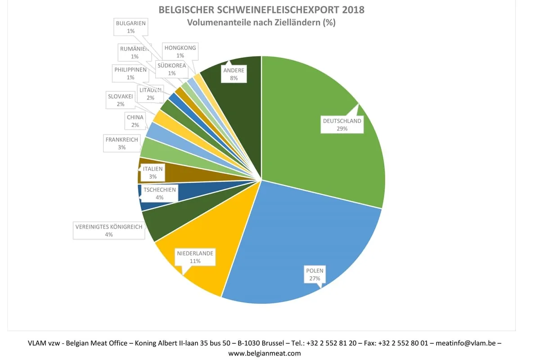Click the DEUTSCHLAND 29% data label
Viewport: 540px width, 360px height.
coord(342,125)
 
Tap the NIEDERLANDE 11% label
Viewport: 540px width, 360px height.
coord(195,257)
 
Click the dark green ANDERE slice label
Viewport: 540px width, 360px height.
coord(234,74)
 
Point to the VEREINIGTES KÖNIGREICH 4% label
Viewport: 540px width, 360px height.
coord(108,230)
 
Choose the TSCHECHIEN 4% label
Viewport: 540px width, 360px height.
coord(160,193)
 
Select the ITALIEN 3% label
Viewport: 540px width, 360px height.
coord(153,172)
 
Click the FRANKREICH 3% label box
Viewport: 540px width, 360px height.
coord(121,143)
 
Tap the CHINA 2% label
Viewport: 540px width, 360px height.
coord(135,121)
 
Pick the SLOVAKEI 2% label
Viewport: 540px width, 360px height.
coord(121,100)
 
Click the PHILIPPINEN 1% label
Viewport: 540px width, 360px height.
coord(130,73)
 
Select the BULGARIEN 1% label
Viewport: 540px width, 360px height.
coord(130,27)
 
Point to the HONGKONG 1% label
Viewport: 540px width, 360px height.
coord(180,51)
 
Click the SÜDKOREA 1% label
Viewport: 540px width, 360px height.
coord(171,69)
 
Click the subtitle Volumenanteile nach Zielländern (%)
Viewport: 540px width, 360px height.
coord(261,22)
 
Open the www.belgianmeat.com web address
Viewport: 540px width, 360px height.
coord(264,353)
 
